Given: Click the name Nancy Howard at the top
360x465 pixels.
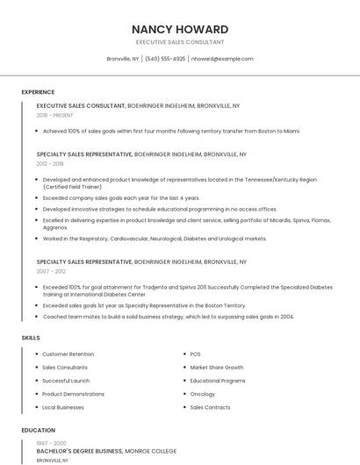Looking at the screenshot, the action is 180,29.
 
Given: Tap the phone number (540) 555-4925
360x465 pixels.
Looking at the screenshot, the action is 165,59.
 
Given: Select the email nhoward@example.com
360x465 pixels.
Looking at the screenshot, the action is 222,59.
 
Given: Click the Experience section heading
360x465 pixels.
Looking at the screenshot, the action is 38,92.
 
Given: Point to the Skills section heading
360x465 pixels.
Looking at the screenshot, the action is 31,338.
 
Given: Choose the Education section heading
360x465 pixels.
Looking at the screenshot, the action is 38,431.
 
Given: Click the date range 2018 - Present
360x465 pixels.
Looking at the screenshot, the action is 56,115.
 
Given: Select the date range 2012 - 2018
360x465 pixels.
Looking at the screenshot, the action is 50,163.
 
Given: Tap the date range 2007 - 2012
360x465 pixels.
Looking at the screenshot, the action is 50,271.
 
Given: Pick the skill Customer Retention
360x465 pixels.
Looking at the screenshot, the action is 68,354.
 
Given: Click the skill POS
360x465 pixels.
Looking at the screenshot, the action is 195,354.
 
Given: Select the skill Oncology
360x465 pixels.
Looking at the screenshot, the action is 202,394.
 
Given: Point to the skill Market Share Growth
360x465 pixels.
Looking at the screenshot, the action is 216,368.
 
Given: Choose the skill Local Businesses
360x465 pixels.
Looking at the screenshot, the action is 63,407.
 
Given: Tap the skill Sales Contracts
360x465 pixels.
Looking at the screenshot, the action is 210,407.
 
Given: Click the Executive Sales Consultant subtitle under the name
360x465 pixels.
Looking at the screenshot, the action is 180,42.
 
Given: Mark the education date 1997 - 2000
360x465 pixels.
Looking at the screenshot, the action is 51,443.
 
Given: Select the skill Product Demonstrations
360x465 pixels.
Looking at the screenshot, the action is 73,394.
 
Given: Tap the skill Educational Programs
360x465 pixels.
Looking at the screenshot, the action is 218,381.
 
